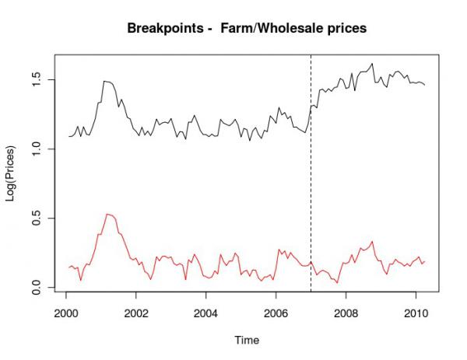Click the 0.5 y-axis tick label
pyautogui.click(x=37, y=218)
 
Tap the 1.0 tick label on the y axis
pyautogui.click(x=37, y=149)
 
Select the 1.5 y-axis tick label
pyautogui.click(x=37, y=79)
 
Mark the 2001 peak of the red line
pyautogui.click(x=108, y=214)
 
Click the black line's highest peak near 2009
pyautogui.click(x=373, y=64)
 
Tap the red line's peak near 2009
pyautogui.click(x=373, y=242)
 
